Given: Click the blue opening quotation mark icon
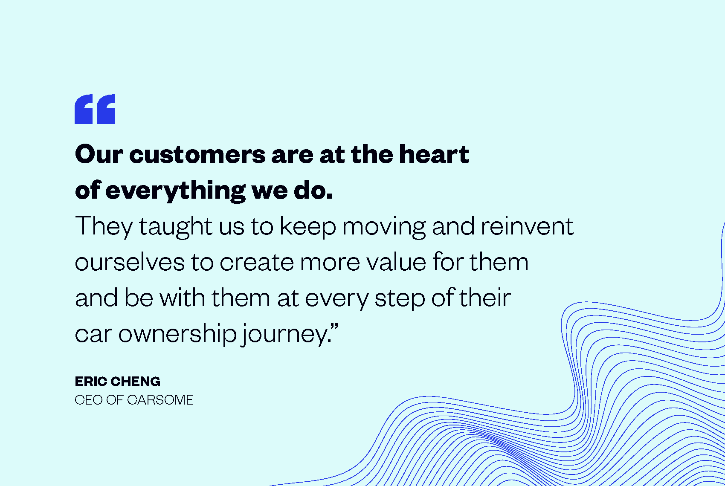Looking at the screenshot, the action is pos(95,109).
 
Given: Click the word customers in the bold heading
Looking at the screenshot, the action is pos(197,154).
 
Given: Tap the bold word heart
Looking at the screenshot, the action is pos(434,154).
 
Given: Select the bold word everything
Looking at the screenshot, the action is pos(175,191).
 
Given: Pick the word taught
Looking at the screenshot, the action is pos(176,227).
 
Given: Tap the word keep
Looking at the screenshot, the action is pos(308,227).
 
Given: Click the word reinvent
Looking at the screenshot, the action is pos(527,226).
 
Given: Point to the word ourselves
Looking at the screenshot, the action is pos(130,261).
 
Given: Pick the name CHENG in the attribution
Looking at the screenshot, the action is pos(135,382).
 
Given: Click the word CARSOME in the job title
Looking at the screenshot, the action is pos(160,400).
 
